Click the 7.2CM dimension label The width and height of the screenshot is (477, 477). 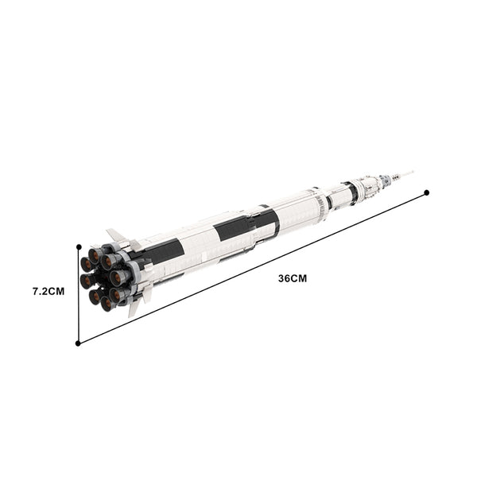[48, 291]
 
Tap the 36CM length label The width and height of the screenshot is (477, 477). [293, 278]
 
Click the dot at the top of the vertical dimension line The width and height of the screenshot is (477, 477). [79, 246]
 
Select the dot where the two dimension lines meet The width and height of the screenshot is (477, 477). [78, 343]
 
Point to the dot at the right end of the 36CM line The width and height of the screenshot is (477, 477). [426, 192]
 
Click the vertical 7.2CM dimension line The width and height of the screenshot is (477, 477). [79, 295]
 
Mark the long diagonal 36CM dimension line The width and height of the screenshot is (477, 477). [252, 268]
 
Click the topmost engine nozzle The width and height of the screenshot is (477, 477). [95, 255]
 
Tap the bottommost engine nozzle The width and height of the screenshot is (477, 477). [107, 304]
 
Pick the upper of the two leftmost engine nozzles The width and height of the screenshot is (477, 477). [87, 264]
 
